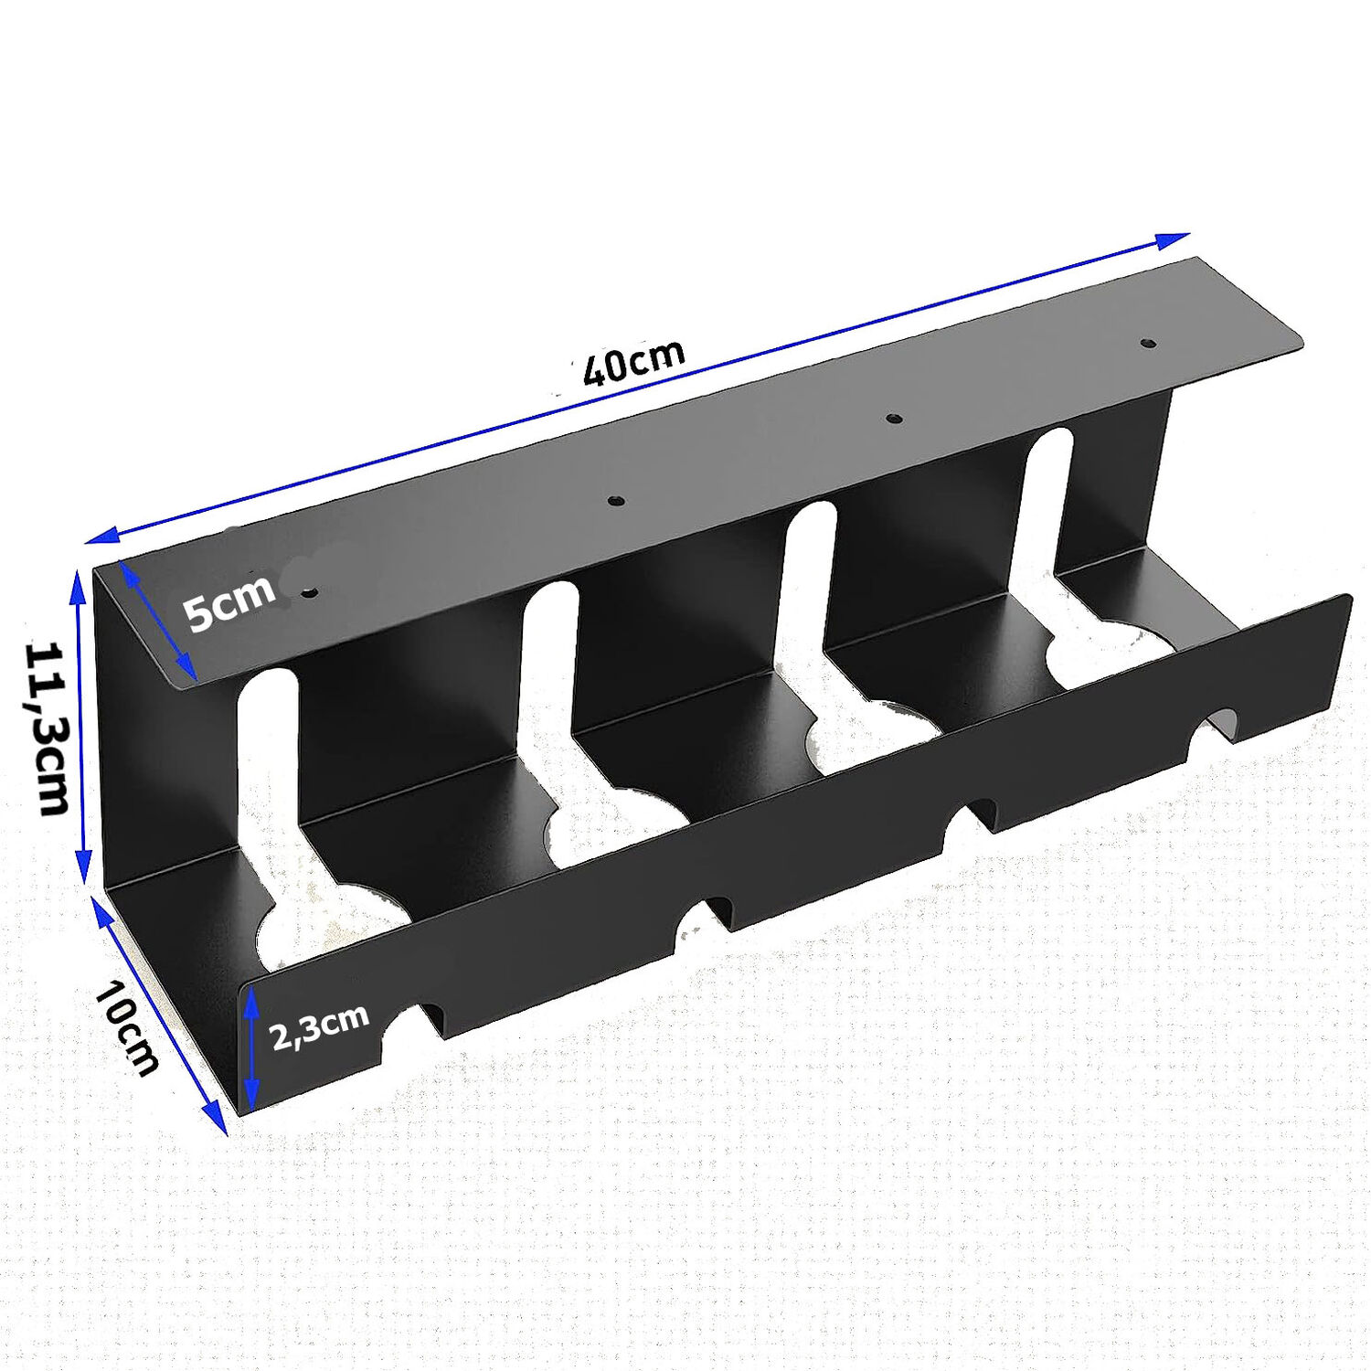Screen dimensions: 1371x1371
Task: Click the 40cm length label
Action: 633,362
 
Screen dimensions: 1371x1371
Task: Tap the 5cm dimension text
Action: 229,601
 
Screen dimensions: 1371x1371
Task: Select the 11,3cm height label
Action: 46,728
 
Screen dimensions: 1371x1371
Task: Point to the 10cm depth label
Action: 126,1027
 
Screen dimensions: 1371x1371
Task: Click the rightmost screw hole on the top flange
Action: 1147,345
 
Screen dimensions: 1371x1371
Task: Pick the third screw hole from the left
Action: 895,419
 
